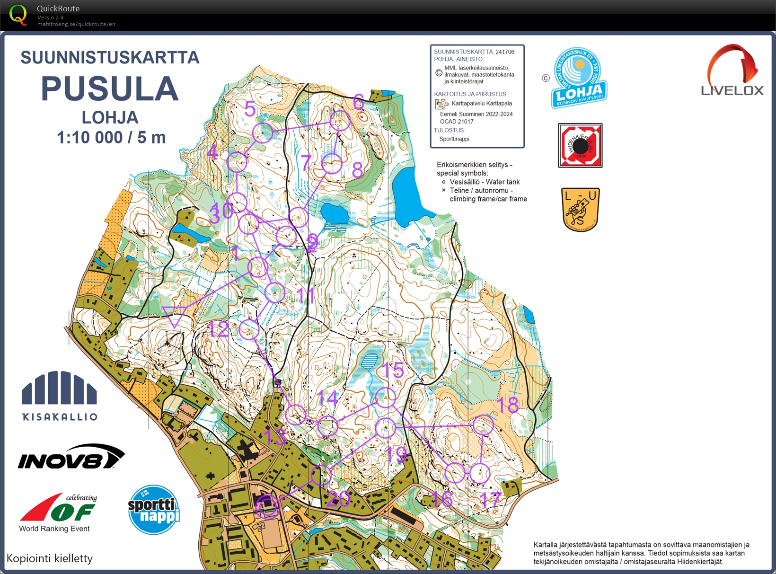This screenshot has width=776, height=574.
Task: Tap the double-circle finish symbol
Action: pos(267,507)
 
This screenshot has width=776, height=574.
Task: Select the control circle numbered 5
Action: pos(263,133)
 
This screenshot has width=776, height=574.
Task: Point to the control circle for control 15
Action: pos(385,397)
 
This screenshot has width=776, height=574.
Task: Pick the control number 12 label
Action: pos(219,329)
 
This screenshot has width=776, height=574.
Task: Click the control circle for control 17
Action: pos(479,473)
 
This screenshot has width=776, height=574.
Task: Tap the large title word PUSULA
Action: pos(110,89)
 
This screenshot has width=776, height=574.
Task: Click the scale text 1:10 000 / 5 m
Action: pos(111,138)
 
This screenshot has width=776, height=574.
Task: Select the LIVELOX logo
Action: pos(732,71)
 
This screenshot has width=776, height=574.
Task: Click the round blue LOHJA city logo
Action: pos(579,78)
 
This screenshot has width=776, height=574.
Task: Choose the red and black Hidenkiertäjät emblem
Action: pos(580,146)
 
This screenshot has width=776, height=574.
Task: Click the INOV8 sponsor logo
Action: pos(71,457)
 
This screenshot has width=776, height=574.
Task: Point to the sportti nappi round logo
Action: pos(154,510)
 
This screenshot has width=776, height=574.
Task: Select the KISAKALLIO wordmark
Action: pos(60,417)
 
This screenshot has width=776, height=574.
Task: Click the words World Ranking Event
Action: pos(54,529)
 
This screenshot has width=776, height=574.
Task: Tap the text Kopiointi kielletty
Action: pos(50,558)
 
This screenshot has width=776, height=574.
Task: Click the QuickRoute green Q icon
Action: pos(18,15)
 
